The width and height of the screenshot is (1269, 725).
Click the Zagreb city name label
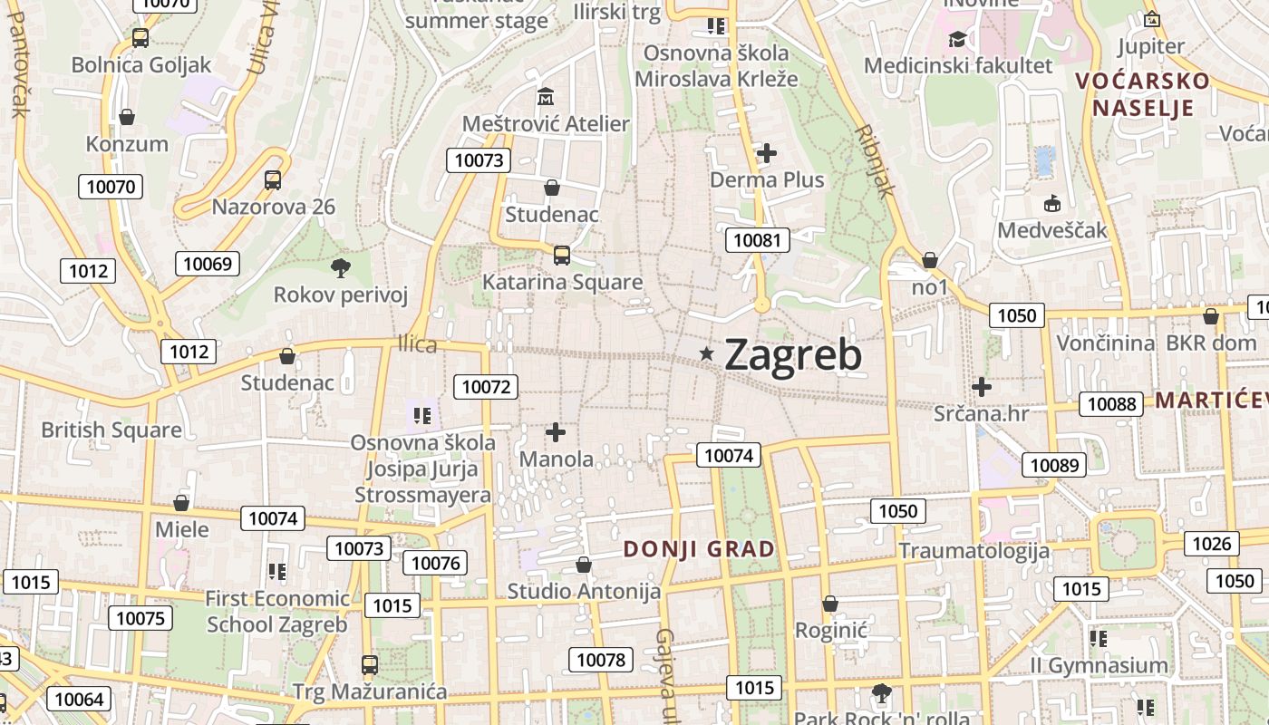pyautogui.click(x=793, y=354)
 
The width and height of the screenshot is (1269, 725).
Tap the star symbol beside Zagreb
pyautogui.click(x=707, y=353)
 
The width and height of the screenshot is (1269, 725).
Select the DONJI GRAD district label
pyautogui.click(x=699, y=548)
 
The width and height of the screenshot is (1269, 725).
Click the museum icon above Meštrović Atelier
pyautogui.click(x=546, y=96)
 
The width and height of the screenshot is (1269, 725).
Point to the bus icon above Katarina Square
pyautogui.click(x=562, y=256)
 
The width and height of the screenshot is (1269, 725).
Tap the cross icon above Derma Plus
pyautogui.click(x=767, y=152)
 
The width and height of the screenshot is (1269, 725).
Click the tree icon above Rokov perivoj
pyautogui.click(x=341, y=267)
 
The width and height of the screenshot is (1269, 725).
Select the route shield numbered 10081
pyautogui.click(x=757, y=240)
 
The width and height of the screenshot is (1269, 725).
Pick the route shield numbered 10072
pyautogui.click(x=486, y=387)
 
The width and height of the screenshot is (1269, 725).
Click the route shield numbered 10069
pyautogui.click(x=208, y=264)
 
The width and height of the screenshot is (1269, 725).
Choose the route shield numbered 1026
pyautogui.click(x=1212, y=543)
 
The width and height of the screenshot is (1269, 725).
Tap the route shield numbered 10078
pyautogui.click(x=601, y=660)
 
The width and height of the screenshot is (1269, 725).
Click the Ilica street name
pyautogui.click(x=417, y=344)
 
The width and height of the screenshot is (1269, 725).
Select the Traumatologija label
pyautogui.click(x=974, y=550)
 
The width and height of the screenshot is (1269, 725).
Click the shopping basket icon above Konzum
pyautogui.click(x=127, y=117)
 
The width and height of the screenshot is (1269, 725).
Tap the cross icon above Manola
pyautogui.click(x=556, y=432)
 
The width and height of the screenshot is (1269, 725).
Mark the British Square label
pyautogui.click(x=111, y=430)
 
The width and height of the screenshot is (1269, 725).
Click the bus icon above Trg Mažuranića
pyautogui.click(x=369, y=665)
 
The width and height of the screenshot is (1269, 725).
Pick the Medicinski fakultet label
pyautogui.click(x=958, y=65)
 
